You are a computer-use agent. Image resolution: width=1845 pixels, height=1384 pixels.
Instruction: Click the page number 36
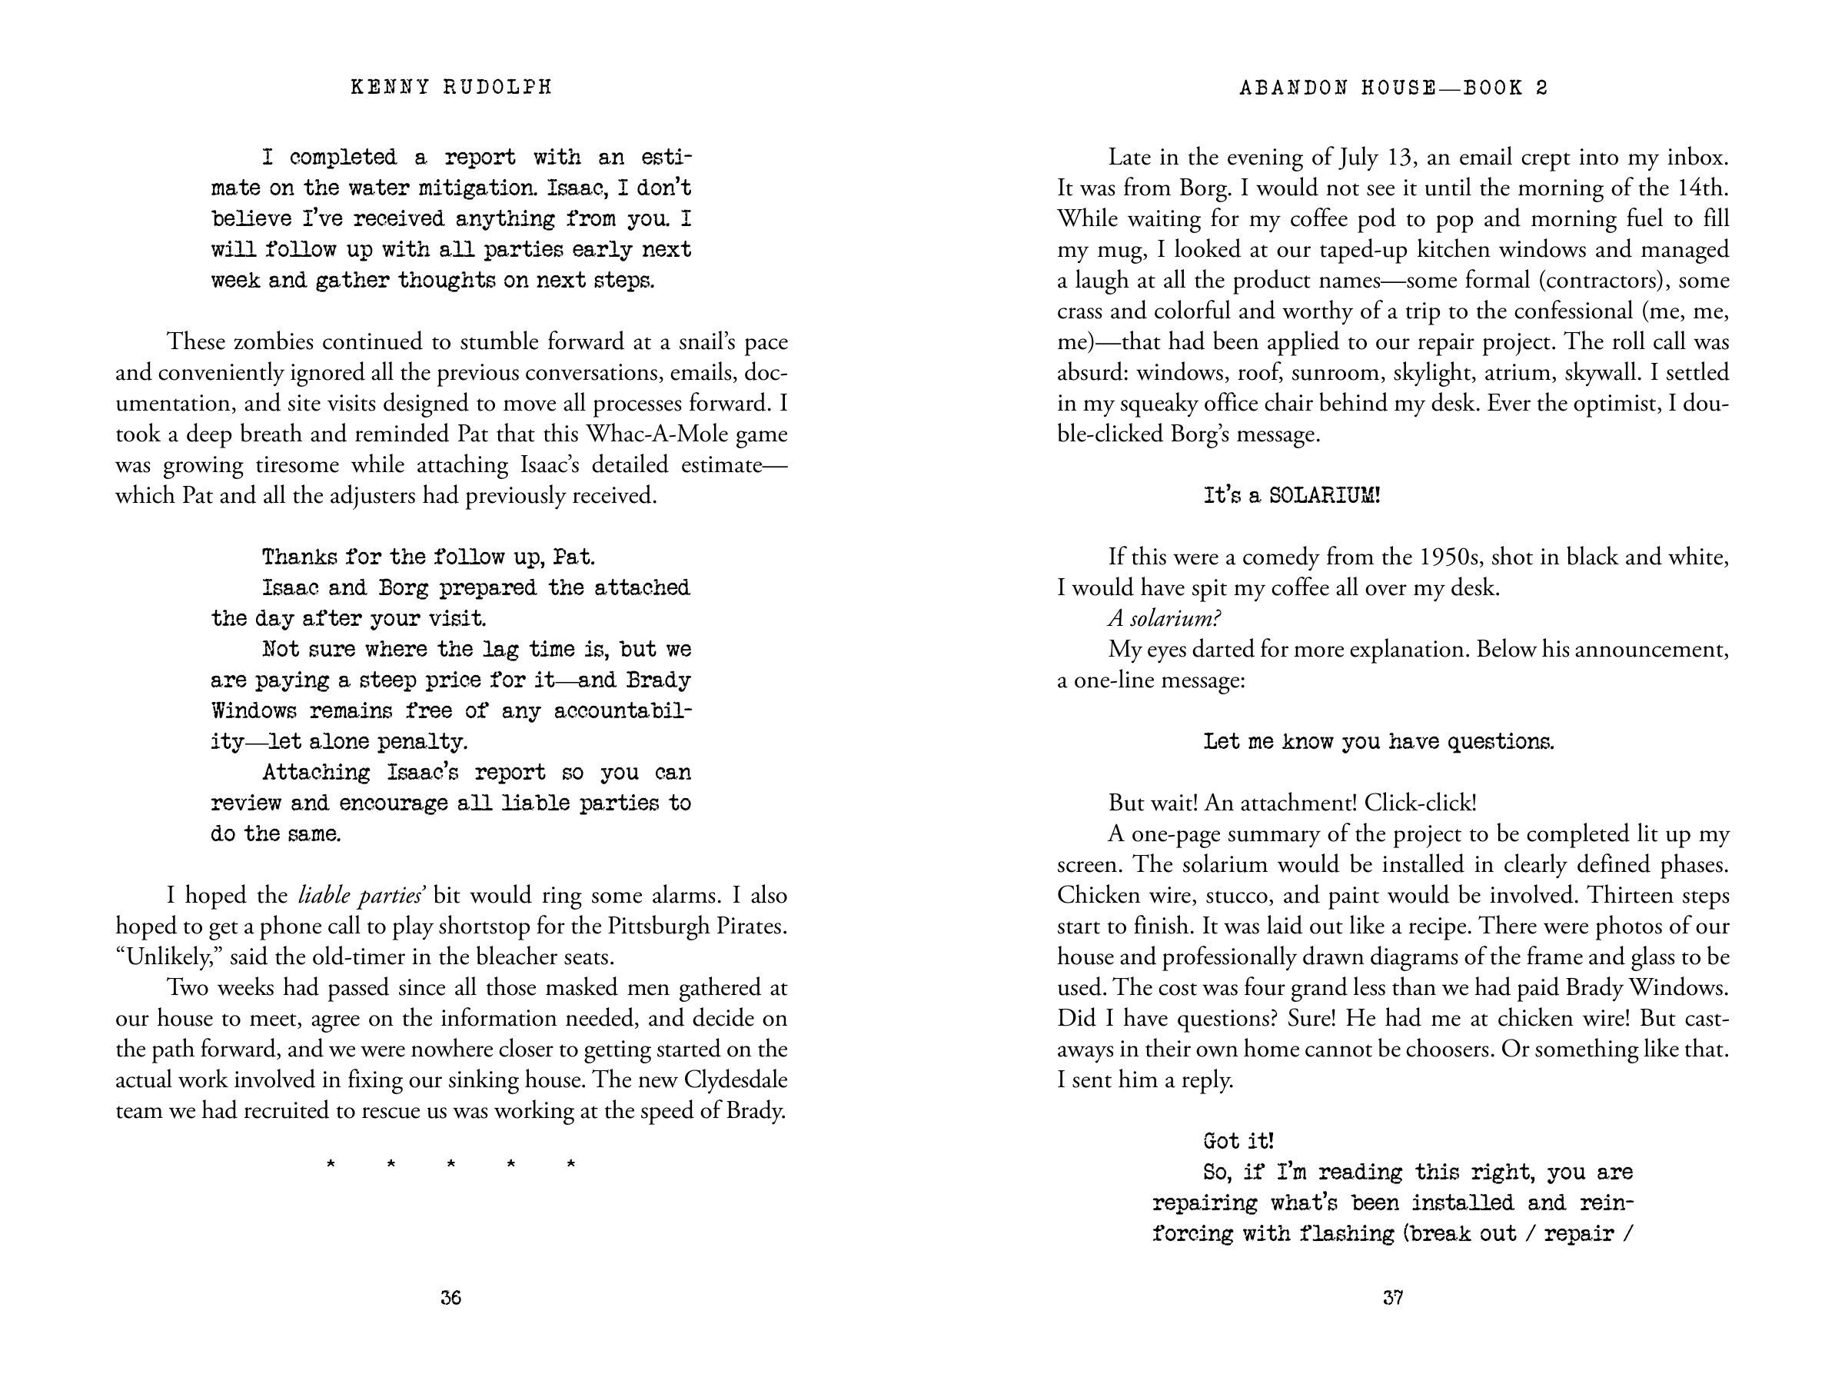click(450, 1297)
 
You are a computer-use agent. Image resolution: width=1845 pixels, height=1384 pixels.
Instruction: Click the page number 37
click(1393, 1297)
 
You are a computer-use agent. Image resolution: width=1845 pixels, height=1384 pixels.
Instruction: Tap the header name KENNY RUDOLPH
click(451, 88)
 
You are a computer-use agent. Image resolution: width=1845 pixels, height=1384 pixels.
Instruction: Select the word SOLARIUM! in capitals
click(1325, 495)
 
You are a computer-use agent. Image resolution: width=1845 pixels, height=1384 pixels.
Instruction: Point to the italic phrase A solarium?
click(1165, 618)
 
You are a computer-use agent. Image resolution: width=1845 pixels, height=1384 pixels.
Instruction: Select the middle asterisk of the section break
click(450, 1164)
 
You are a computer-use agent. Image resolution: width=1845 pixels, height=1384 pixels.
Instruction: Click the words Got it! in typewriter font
click(1238, 1140)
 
